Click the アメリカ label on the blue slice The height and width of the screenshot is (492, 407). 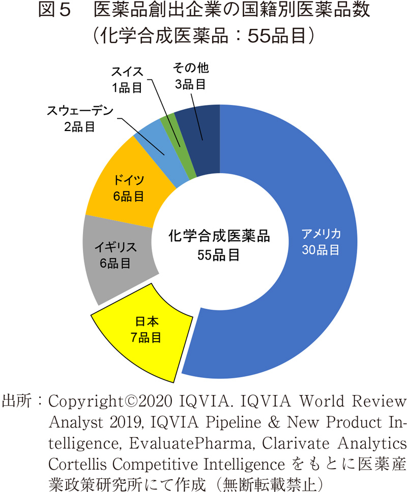click(321, 234)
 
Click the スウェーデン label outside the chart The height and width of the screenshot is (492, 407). click(79, 111)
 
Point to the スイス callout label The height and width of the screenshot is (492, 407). click(128, 72)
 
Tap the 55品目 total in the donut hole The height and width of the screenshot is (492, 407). click(219, 254)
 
